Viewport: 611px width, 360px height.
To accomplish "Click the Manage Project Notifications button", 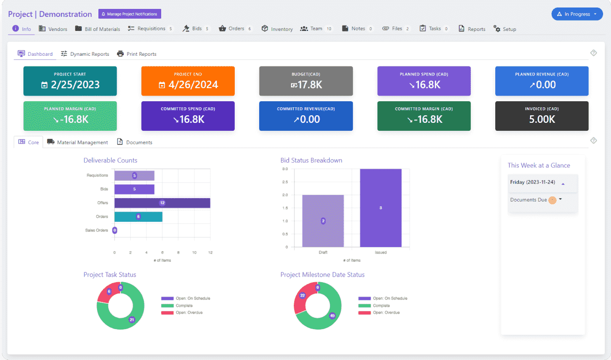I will click(x=130, y=14).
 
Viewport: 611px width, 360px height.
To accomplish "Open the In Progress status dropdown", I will click(x=577, y=14).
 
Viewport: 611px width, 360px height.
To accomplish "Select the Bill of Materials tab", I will click(x=97, y=29).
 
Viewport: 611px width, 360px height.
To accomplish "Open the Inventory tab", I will click(x=277, y=29).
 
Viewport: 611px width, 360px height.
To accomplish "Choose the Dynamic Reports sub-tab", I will click(x=85, y=54).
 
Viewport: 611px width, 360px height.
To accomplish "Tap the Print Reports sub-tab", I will click(x=137, y=54).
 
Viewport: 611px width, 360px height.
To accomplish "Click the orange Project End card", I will click(x=188, y=81).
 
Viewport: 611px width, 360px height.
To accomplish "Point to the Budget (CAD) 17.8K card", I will click(x=306, y=81).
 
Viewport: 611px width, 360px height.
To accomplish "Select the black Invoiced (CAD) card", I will click(x=542, y=116).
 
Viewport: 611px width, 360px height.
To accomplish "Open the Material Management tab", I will click(x=78, y=142).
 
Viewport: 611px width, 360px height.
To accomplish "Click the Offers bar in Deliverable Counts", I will click(x=162, y=203).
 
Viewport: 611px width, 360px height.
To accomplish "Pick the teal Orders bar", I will click(x=138, y=217).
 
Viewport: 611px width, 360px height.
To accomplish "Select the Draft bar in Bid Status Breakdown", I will click(x=323, y=221).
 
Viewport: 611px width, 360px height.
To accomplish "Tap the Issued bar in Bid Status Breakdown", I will click(x=380, y=208).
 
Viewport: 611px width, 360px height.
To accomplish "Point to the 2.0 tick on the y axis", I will click(x=284, y=195).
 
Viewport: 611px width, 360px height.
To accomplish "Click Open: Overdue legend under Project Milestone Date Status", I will click(x=383, y=313).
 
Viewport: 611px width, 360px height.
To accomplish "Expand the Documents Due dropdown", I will click(x=560, y=199).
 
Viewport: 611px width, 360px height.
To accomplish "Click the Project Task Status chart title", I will click(x=110, y=275).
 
